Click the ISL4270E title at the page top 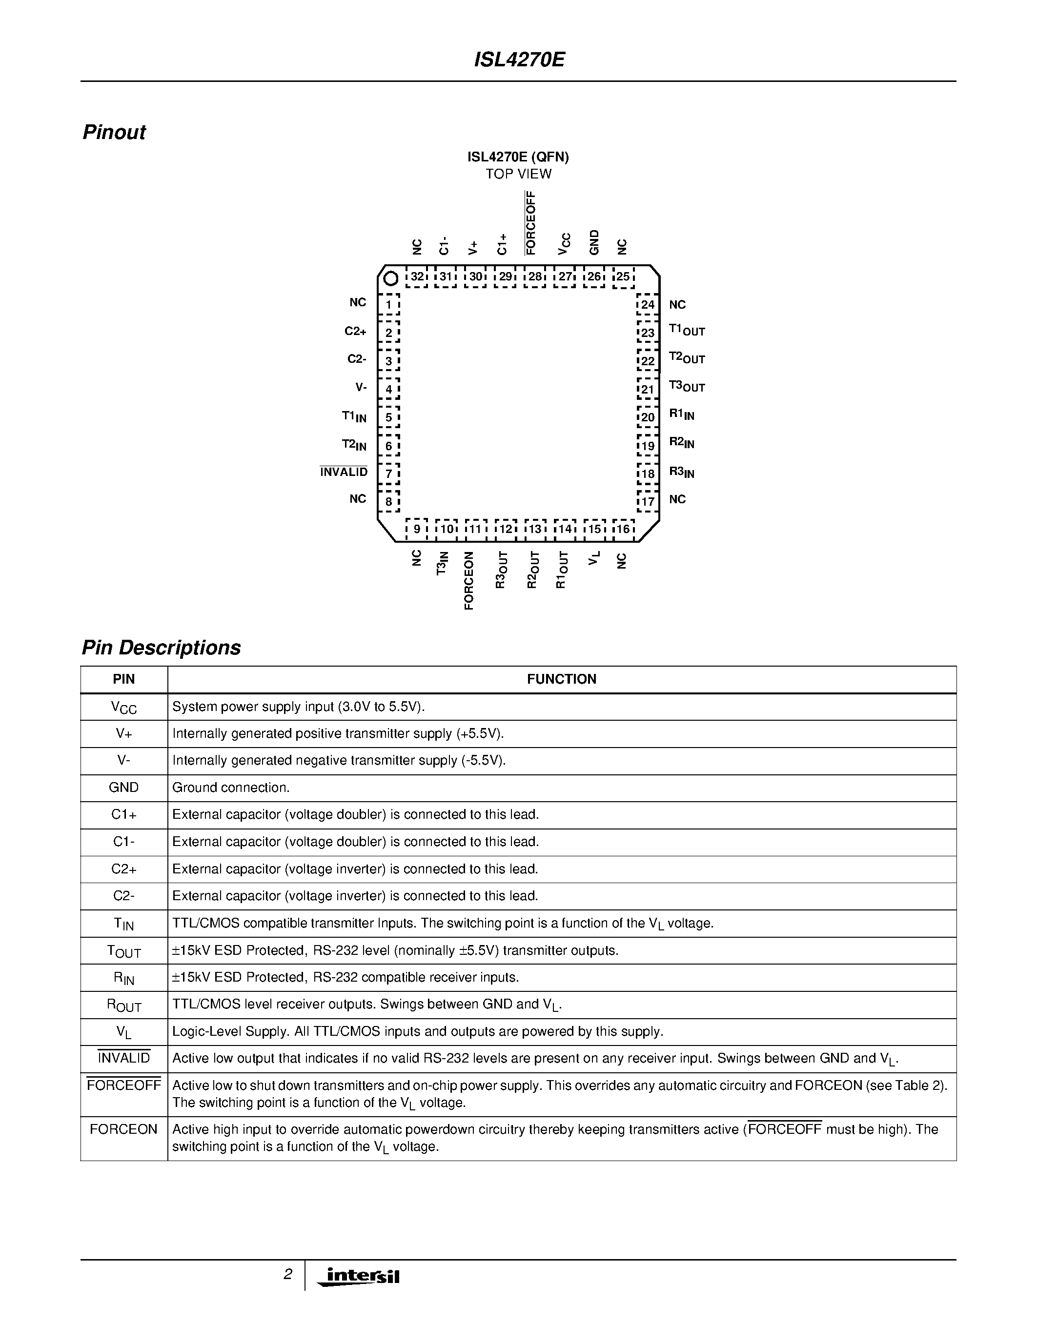tap(519, 60)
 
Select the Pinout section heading tap(114, 133)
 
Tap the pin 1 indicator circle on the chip tap(390, 279)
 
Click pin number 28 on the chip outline tap(535, 277)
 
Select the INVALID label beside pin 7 tap(344, 472)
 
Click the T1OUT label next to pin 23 tap(686, 330)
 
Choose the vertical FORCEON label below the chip tap(469, 580)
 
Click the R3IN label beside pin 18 tap(681, 472)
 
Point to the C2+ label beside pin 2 tap(355, 332)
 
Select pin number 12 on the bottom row tap(505, 529)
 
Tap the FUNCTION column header tap(562, 679)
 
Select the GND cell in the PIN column tap(123, 788)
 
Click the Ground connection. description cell tap(231, 788)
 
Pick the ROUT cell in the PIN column tap(123, 1005)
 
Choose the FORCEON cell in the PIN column tap(123, 1129)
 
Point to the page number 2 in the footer tap(287, 1275)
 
